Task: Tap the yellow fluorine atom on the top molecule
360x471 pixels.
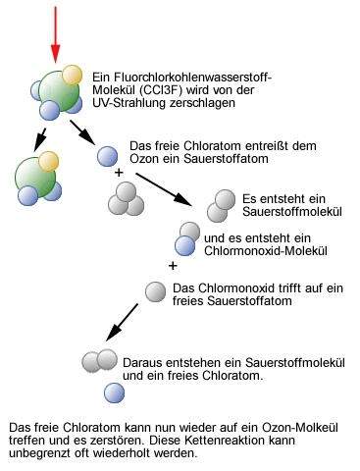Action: tap(71, 75)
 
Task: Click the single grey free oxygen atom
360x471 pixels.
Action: tap(154, 290)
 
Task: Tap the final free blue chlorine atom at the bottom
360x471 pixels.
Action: tap(116, 393)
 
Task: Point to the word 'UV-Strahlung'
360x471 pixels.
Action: tap(128, 103)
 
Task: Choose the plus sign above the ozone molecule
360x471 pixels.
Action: tap(120, 172)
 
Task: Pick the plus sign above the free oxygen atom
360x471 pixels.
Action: tap(173, 265)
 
